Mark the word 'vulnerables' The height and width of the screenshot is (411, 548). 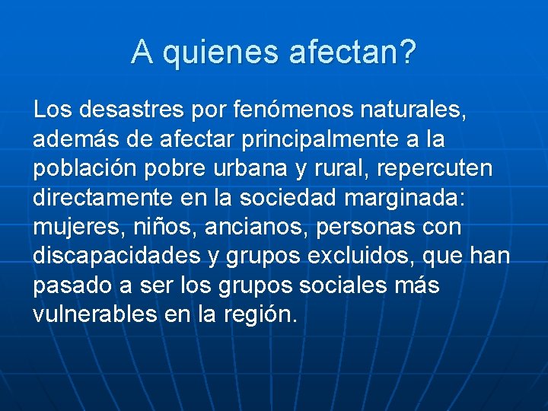[x=94, y=314]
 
